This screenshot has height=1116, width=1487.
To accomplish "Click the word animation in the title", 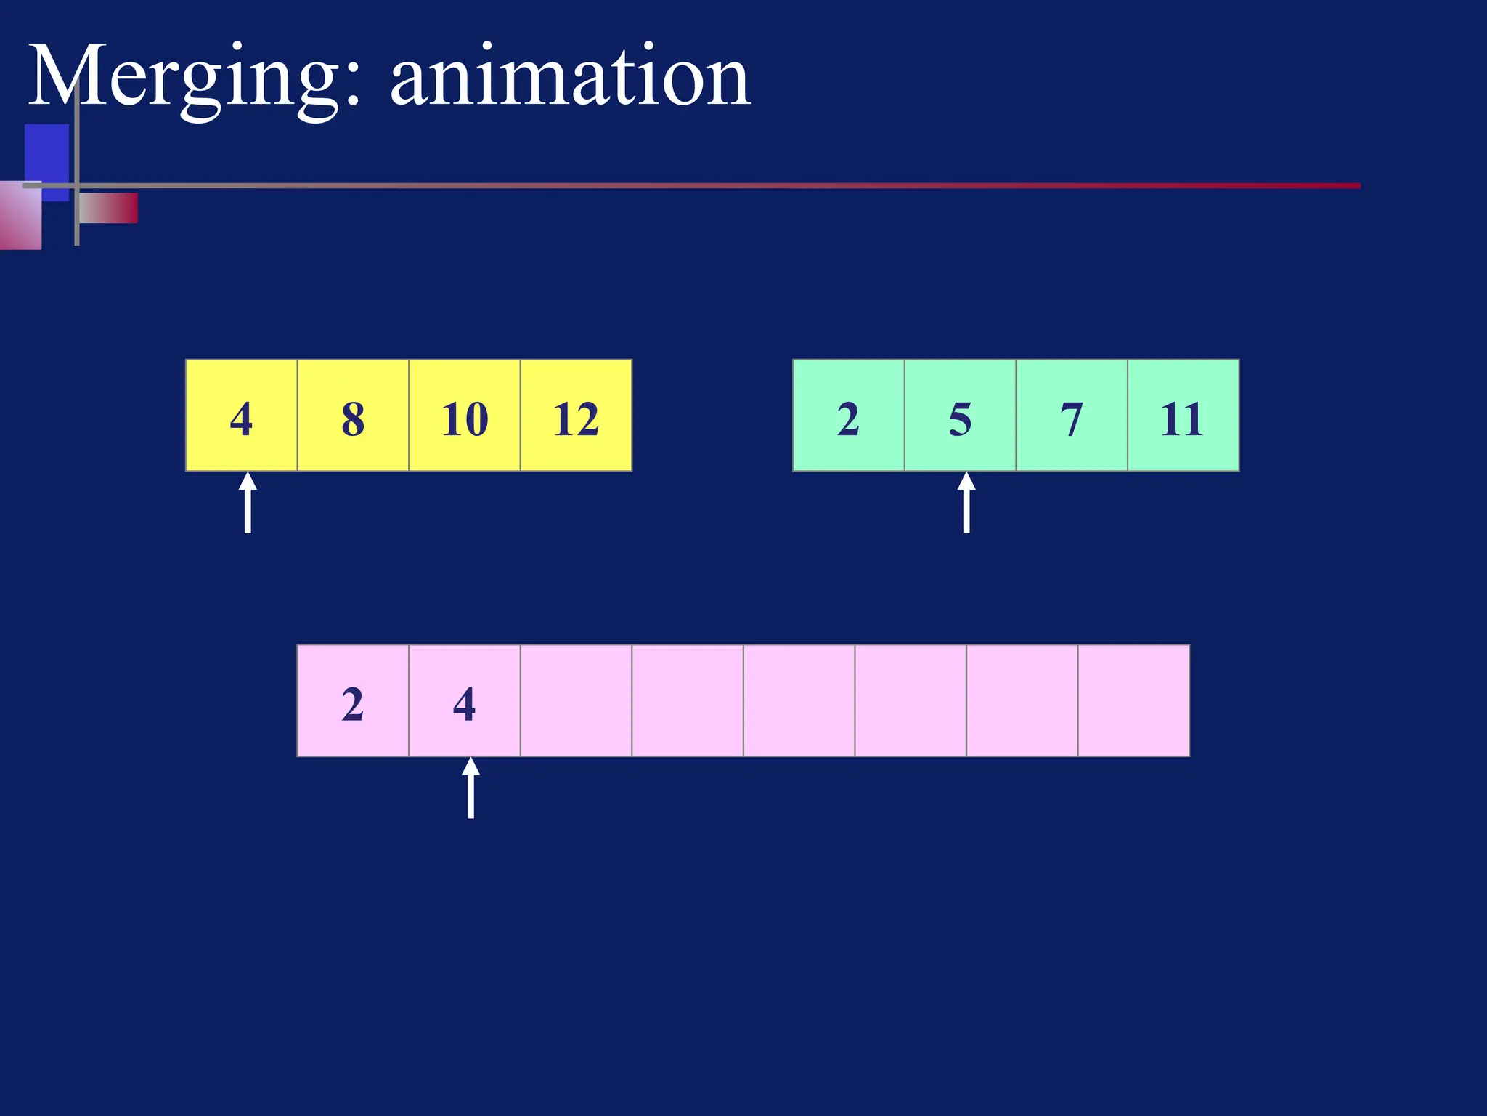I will click(570, 77).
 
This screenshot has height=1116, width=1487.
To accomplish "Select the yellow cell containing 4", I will click(241, 416).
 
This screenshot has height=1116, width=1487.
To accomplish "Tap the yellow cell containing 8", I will click(353, 416).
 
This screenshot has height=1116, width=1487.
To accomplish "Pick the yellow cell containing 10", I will click(465, 416).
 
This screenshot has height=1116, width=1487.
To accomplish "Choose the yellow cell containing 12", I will click(576, 416).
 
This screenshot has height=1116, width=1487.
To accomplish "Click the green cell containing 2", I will click(848, 416).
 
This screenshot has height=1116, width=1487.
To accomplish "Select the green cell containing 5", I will click(960, 416).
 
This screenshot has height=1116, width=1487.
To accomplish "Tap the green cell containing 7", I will click(1072, 416).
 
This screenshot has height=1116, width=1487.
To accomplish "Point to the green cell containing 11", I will click(1183, 416).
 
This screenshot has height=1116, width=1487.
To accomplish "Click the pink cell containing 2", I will click(353, 700).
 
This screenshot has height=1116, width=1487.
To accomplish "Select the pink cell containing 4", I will click(465, 700).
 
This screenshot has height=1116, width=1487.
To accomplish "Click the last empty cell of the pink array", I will click(1133, 700).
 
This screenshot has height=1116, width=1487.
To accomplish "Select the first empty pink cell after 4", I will click(576, 700).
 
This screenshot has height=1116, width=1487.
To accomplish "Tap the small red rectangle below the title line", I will click(109, 208).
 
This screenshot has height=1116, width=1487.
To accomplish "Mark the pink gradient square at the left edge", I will click(20, 217).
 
